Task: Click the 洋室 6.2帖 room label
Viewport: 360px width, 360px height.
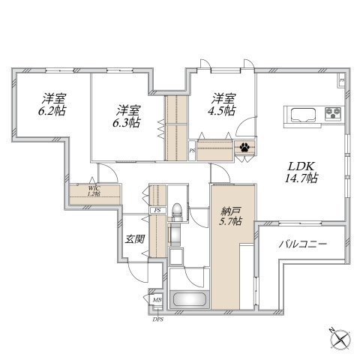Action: [x=52, y=104]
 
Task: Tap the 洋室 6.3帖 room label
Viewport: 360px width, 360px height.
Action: [x=127, y=116]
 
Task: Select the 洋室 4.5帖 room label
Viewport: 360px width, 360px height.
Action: [x=222, y=104]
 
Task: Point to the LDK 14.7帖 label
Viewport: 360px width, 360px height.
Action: [x=301, y=172]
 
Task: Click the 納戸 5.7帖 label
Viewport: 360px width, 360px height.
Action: [x=230, y=217]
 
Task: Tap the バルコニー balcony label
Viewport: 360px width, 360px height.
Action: [x=303, y=244]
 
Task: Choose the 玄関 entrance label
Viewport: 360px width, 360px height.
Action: [x=135, y=239]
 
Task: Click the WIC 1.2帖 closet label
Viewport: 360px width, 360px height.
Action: [x=94, y=190]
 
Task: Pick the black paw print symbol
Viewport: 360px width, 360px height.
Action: [x=244, y=147]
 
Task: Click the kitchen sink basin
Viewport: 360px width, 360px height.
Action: [x=303, y=115]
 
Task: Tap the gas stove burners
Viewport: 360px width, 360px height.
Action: [x=333, y=112]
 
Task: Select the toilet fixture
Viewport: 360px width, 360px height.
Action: [x=177, y=212]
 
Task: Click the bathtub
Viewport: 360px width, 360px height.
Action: [x=190, y=299]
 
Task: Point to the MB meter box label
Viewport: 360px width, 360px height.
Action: [x=157, y=300]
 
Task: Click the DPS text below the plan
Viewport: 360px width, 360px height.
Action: [x=158, y=319]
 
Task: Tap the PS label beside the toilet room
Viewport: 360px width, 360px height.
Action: [x=157, y=210]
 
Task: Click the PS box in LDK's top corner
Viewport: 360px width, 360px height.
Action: [x=342, y=80]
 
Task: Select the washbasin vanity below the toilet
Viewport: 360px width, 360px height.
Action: [x=174, y=235]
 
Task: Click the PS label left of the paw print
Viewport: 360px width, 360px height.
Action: [x=192, y=151]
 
